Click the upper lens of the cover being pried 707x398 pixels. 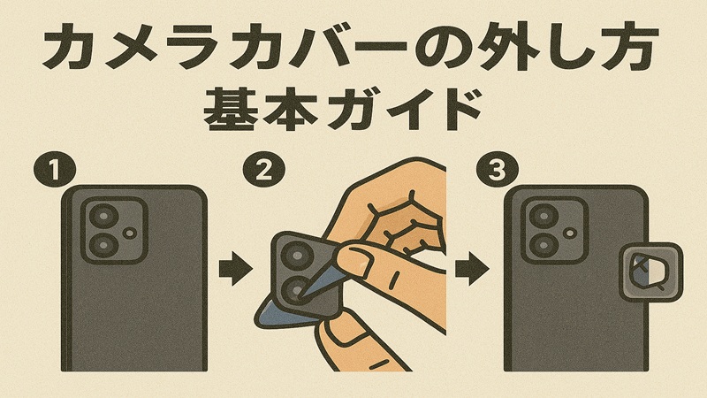[x=294, y=257]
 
